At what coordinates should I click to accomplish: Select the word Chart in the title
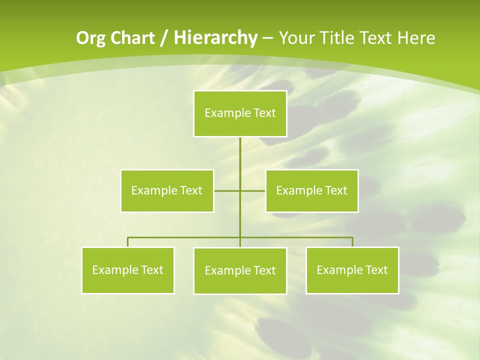130,38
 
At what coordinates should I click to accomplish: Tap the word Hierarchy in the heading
215,37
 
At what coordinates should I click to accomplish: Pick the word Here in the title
416,38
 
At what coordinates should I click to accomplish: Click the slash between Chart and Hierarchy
163,38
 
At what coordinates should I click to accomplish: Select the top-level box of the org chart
240,113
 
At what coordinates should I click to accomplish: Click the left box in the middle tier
167,190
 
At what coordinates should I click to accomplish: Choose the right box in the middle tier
312,190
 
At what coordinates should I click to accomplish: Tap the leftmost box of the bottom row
128,270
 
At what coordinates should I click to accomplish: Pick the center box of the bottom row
240,270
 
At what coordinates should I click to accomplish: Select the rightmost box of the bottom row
352,270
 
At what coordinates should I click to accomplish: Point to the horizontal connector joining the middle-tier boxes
227,190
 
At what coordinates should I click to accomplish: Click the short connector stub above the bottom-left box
128,242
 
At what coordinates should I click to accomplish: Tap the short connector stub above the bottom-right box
352,242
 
